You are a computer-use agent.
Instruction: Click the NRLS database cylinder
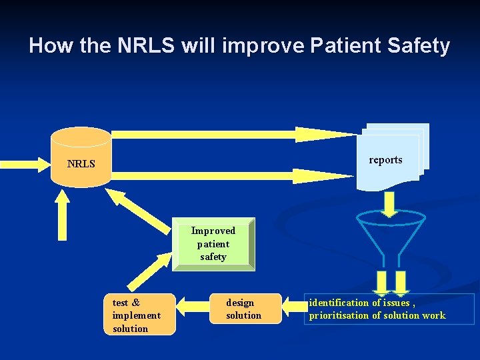point(81,157)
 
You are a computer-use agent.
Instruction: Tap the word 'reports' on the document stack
point(385,160)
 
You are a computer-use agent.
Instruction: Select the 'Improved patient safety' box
point(213,244)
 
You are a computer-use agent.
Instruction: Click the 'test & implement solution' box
point(139,315)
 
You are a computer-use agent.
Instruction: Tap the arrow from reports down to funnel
point(390,203)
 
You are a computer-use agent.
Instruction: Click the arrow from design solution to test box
point(193,309)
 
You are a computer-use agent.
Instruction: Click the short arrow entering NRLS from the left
point(24,162)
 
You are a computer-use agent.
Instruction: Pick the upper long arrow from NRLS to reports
point(233,134)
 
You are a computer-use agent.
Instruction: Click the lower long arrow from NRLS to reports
point(233,176)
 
